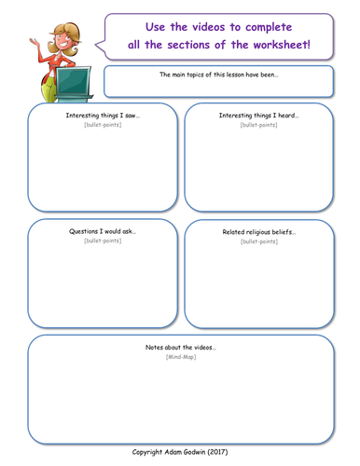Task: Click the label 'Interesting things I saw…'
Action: click(x=103, y=116)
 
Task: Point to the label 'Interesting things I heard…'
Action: click(x=258, y=116)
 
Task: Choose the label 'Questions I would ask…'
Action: click(x=103, y=231)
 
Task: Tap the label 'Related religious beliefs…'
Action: click(x=258, y=232)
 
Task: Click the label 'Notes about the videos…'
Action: click(x=180, y=347)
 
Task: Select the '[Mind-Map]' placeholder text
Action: click(x=180, y=357)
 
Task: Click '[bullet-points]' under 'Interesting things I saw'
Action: click(x=103, y=125)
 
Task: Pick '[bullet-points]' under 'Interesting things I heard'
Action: click(x=258, y=125)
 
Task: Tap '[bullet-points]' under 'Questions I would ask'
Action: click(x=103, y=240)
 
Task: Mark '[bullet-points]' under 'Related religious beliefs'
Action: click(x=258, y=241)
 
